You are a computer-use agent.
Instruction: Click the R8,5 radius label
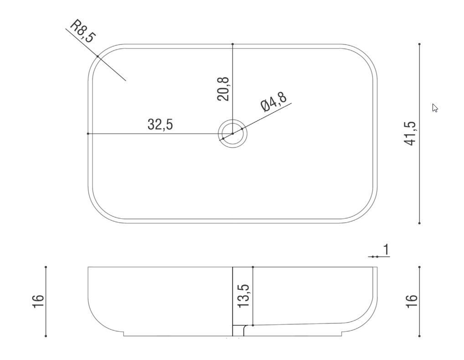[x=83, y=31]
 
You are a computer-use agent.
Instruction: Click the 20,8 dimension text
[x=223, y=89]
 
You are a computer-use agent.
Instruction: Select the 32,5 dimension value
[x=160, y=125]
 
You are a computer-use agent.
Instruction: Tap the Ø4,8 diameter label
[x=274, y=102]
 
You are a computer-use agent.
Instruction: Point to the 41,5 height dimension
[x=410, y=133]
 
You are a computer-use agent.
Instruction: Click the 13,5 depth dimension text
[x=243, y=296]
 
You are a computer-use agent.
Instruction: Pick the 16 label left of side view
[x=38, y=301]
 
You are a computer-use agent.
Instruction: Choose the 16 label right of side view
[x=412, y=301]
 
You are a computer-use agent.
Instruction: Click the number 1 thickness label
[x=386, y=250]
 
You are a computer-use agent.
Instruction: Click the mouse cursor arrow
[x=435, y=108]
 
